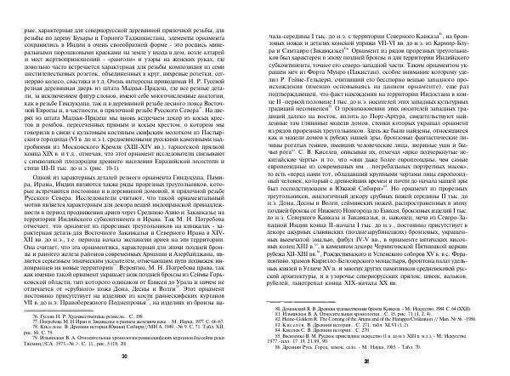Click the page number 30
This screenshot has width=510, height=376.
click(x=125, y=356)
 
